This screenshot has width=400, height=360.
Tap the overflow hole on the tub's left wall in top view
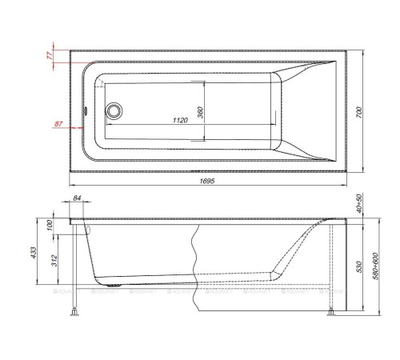[86, 110]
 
